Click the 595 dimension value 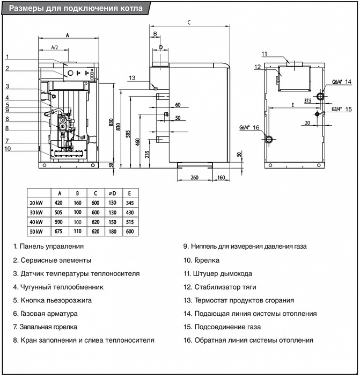pyautogui.click(x=128, y=134)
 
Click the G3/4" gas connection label pyautogui.click(x=337, y=109)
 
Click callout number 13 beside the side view pyautogui.click(x=133, y=78)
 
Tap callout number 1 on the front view pyautogui.click(x=8, y=56)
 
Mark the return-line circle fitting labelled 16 pyautogui.click(x=269, y=139)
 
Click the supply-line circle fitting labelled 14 pyautogui.click(x=320, y=97)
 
